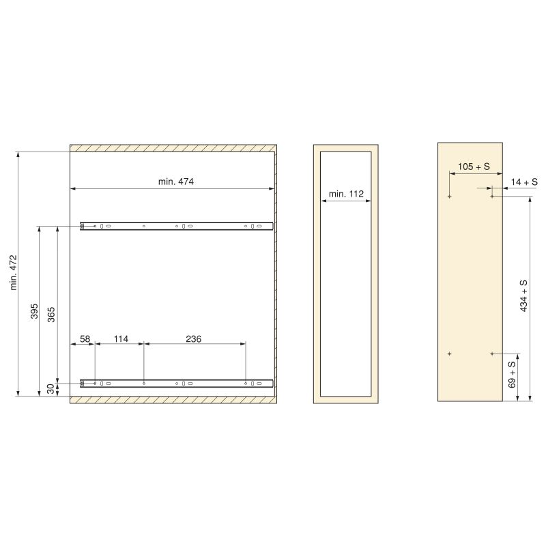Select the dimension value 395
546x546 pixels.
33,311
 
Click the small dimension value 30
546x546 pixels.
51,388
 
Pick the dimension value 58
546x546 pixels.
85,339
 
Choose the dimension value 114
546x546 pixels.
121,339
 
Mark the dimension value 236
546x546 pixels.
194,339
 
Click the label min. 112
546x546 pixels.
346,194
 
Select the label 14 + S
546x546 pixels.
524,182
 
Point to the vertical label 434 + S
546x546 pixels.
524,296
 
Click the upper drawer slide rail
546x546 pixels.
177,226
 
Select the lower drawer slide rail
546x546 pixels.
177,384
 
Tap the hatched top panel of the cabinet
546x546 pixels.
173,147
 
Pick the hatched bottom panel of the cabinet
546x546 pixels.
173,399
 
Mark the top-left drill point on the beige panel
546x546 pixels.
450,197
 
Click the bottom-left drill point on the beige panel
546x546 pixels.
450,354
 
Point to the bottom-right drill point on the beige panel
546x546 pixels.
492,354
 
